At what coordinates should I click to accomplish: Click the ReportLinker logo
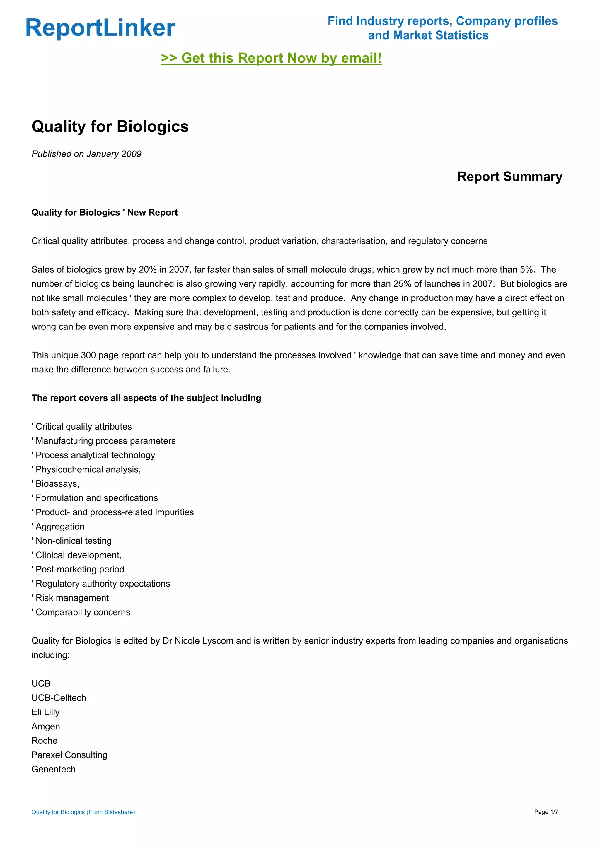pyautogui.click(x=100, y=28)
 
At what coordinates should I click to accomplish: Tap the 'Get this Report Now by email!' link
pyautogui.click(x=271, y=58)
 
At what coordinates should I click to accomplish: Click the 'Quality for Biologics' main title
pyautogui.click(x=110, y=127)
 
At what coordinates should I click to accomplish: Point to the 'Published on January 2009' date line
pyautogui.click(x=86, y=154)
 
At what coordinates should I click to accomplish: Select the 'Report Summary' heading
pyautogui.click(x=509, y=177)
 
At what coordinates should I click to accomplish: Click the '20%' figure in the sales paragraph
pyautogui.click(x=148, y=270)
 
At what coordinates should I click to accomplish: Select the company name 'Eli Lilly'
pyautogui.click(x=45, y=712)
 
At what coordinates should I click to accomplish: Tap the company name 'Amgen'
pyautogui.click(x=45, y=726)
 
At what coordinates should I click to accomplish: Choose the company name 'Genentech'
pyautogui.click(x=54, y=769)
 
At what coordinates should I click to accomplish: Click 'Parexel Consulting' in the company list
pyautogui.click(x=69, y=755)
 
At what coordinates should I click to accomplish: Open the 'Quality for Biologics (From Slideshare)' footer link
pyautogui.click(x=83, y=812)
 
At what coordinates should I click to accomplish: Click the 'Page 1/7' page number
pyautogui.click(x=546, y=812)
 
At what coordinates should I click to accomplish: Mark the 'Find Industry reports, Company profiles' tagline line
pyautogui.click(x=442, y=21)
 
